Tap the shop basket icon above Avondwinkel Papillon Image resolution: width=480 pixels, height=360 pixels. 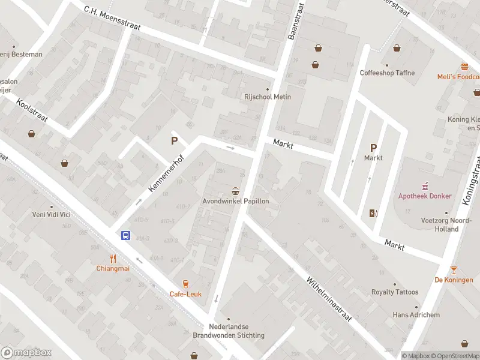[236, 191]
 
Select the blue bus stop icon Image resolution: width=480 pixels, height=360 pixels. [126, 236]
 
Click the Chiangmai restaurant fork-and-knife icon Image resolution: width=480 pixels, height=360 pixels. [112, 259]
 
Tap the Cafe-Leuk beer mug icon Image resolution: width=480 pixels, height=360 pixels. [185, 284]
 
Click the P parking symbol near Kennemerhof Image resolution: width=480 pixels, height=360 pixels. [175, 141]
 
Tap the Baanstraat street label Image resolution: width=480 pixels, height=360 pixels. [296, 20]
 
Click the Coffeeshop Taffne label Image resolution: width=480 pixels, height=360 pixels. [387, 73]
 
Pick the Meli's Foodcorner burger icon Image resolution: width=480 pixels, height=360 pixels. [464, 67]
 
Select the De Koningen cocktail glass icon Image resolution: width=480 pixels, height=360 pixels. [454, 270]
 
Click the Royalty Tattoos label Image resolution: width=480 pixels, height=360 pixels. [394, 292]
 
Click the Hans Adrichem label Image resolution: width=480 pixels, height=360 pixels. [416, 315]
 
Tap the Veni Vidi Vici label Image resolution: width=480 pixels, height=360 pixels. [52, 214]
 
